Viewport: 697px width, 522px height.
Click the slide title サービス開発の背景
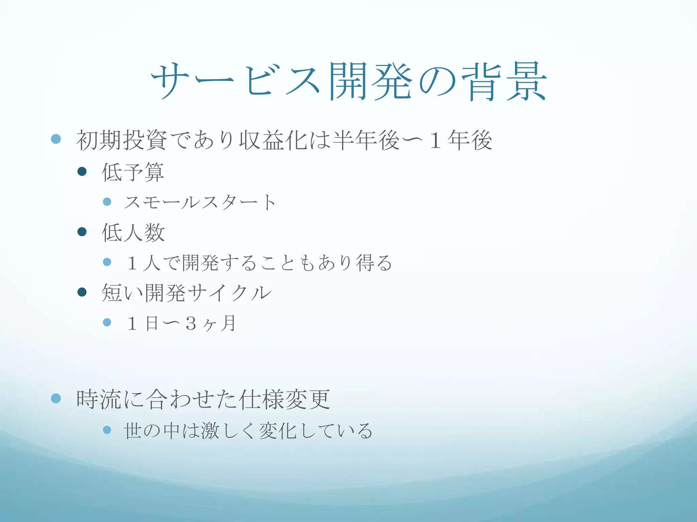point(348,82)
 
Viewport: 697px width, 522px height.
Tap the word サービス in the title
point(235,82)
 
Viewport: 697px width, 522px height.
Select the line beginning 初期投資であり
point(284,140)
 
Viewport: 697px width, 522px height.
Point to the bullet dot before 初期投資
point(56,139)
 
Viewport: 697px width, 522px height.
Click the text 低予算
point(133,172)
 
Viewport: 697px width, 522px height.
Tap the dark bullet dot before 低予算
point(82,171)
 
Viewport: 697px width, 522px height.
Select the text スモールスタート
point(200,203)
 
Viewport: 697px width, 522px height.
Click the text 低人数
point(133,233)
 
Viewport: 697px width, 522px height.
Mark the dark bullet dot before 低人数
point(82,232)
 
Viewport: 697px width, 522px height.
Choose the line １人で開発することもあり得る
point(259,263)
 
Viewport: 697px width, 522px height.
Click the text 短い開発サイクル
point(187,293)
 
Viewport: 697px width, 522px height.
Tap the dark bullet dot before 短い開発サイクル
point(82,292)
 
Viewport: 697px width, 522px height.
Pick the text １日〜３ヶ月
point(181,323)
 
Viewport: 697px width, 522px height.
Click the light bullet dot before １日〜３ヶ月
point(107,322)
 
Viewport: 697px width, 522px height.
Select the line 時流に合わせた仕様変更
point(203,399)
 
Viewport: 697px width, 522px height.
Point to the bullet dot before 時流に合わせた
point(56,398)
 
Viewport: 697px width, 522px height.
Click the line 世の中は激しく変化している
point(248,431)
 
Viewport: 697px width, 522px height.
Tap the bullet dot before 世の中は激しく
point(107,430)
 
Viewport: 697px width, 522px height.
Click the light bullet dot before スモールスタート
point(107,202)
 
